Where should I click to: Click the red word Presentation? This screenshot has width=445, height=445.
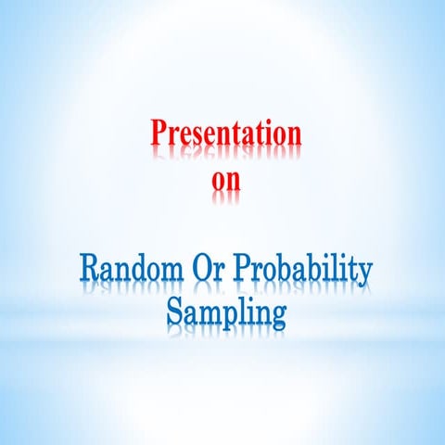pos(226,133)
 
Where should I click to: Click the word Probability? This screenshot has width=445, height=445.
pos(302,273)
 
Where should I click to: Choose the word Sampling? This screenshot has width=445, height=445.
pos(226,312)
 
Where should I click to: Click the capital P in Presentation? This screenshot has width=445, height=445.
pos(159,133)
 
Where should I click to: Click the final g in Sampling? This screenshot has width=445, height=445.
pos(276,316)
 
